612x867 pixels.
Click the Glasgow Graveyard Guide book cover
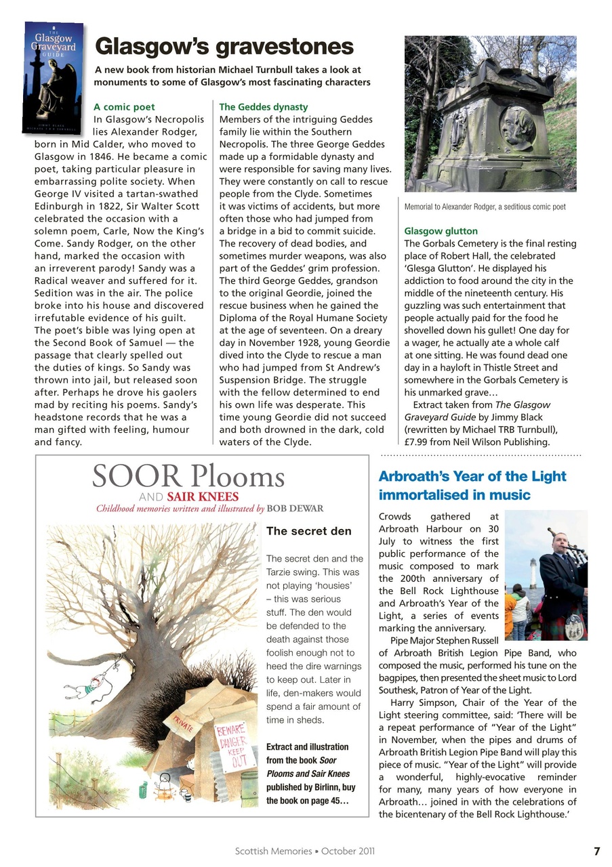click(54, 77)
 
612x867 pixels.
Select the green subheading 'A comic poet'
click(124, 107)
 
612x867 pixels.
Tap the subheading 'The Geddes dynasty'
click(264, 107)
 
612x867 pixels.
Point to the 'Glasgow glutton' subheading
click(441, 231)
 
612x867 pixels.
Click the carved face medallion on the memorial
click(518, 127)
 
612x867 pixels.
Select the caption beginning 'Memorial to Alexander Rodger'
click(485, 207)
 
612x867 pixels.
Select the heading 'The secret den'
click(309, 531)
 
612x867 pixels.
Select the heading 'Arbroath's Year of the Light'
click(472, 476)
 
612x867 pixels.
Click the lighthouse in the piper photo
click(534, 573)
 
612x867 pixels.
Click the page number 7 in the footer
click(596, 851)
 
